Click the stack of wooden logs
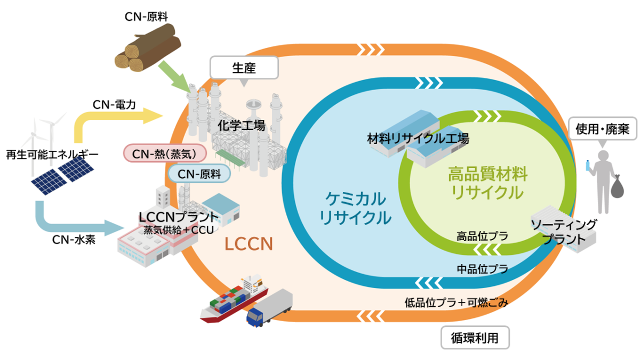click(148, 48)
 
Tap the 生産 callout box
click(244, 68)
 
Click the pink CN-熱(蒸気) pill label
click(165, 154)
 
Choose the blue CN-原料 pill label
click(199, 174)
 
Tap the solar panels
click(62, 175)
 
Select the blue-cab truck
click(269, 308)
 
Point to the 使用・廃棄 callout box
click(602, 129)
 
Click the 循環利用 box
click(475, 338)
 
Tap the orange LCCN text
click(249, 244)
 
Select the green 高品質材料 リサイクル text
click(487, 183)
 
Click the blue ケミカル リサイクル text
click(355, 208)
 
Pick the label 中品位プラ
click(482, 269)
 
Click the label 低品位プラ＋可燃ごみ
click(457, 302)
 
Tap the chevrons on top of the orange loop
click(371, 50)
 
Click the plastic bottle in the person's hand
click(588, 166)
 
